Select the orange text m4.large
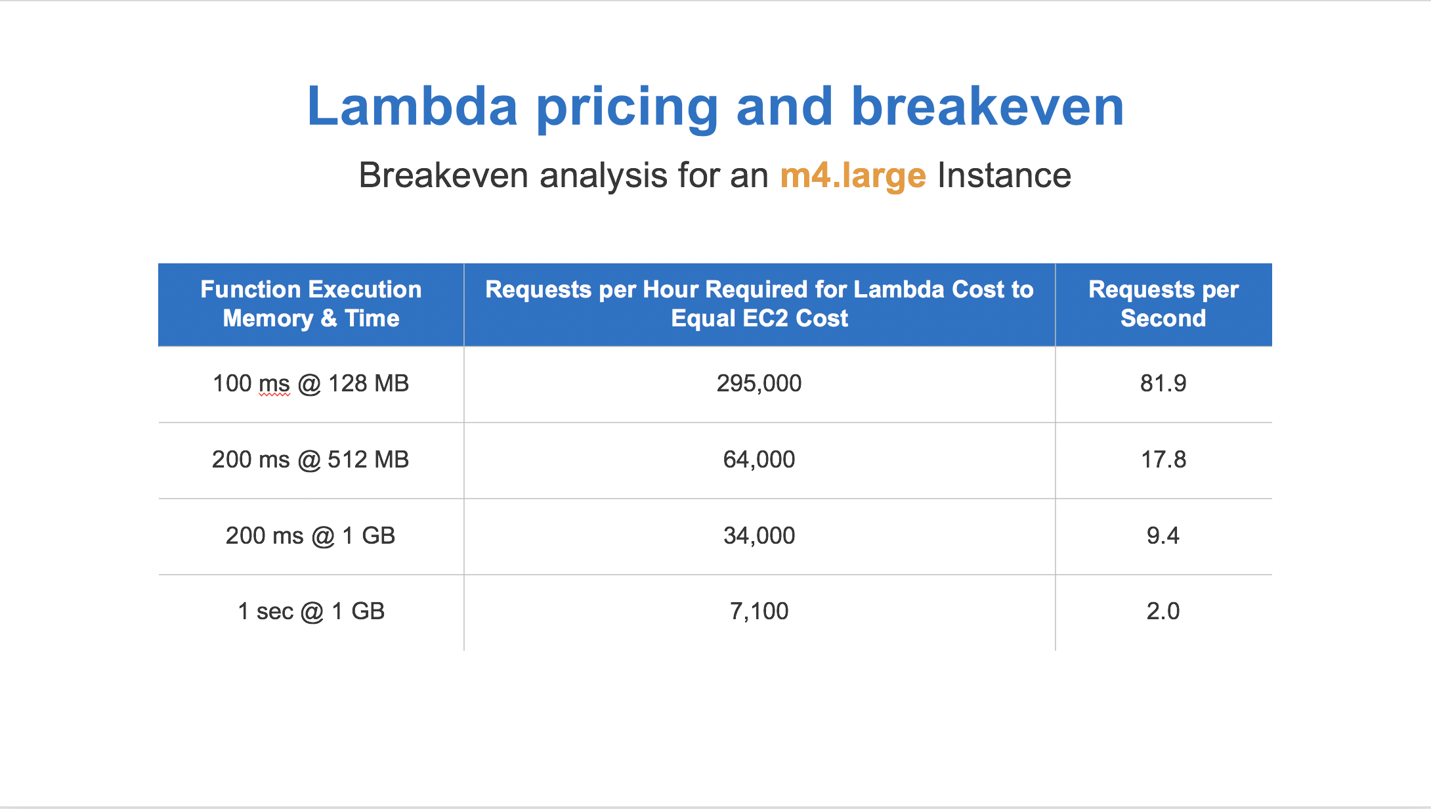[x=853, y=176]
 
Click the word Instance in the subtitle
[x=1004, y=176]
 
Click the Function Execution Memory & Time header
[x=310, y=304]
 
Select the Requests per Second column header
[x=1163, y=304]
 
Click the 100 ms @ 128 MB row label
[x=310, y=383]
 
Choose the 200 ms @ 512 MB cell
[x=310, y=460]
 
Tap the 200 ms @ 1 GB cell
[x=310, y=536]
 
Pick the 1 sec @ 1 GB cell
[x=310, y=611]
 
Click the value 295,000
[x=759, y=383]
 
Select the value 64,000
[x=759, y=460]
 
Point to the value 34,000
[x=759, y=536]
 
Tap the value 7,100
[x=759, y=611]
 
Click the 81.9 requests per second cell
[x=1163, y=383]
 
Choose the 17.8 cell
[x=1163, y=460]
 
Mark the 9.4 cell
[x=1163, y=536]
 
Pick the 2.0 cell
[x=1163, y=611]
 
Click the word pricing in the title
[x=627, y=108]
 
